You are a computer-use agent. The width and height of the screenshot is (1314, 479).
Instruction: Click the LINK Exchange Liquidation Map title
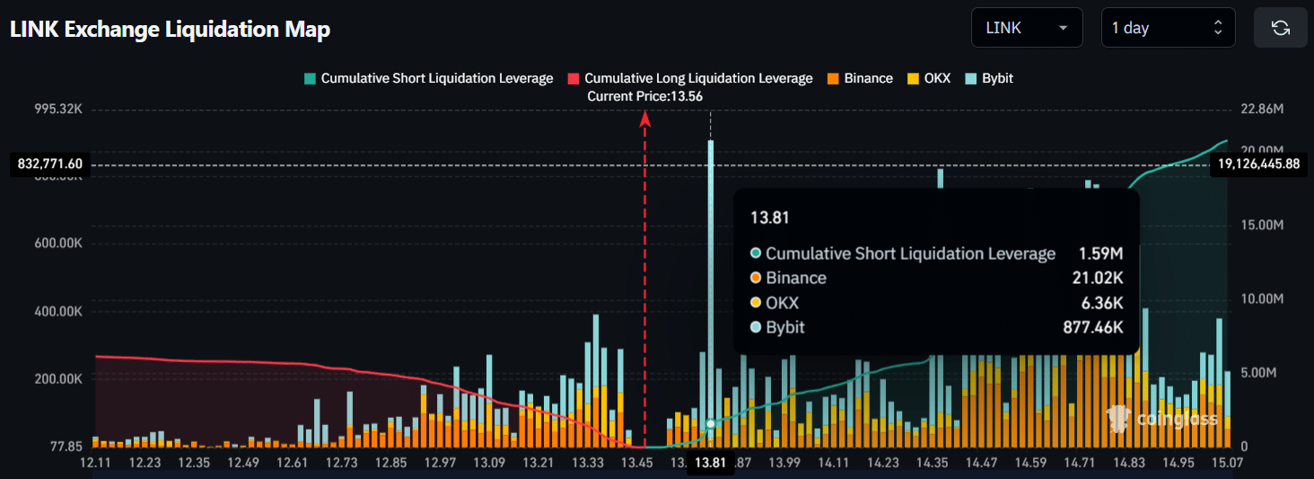click(x=170, y=30)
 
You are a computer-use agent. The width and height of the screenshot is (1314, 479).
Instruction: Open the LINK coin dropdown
click(x=1027, y=28)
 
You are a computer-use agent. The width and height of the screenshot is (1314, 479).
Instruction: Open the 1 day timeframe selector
click(x=1168, y=28)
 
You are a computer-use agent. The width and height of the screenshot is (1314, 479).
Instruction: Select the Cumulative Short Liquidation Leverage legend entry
click(x=429, y=78)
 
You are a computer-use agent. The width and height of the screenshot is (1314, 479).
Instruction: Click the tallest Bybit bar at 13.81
click(x=711, y=270)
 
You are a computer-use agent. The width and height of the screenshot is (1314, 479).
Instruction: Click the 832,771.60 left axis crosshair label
click(x=50, y=164)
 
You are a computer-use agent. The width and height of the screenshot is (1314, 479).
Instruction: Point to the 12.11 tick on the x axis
click(x=95, y=463)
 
